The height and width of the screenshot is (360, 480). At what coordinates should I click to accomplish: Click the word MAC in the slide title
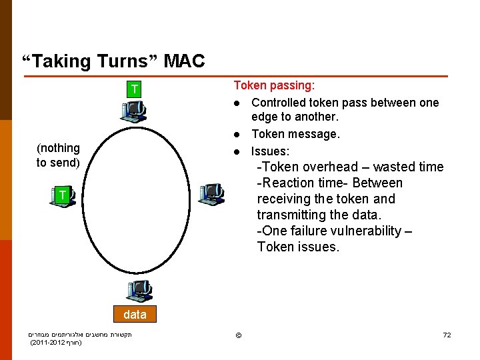coord(184,61)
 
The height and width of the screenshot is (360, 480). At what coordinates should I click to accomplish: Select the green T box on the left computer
coord(61,195)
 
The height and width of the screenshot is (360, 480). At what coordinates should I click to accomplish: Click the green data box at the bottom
coord(135,314)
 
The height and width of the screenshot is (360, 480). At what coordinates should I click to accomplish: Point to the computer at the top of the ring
coord(133,111)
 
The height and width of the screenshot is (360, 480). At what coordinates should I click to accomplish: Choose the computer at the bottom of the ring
coord(139,291)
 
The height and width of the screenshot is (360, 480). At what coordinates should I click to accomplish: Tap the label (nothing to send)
coord(58,155)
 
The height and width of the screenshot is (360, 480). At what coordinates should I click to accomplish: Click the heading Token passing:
coord(274,85)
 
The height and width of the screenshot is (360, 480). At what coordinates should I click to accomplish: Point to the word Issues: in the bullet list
coord(270,151)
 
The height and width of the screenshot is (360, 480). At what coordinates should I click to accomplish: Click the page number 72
coord(447,334)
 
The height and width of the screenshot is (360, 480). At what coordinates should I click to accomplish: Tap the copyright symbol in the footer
coord(237,334)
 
